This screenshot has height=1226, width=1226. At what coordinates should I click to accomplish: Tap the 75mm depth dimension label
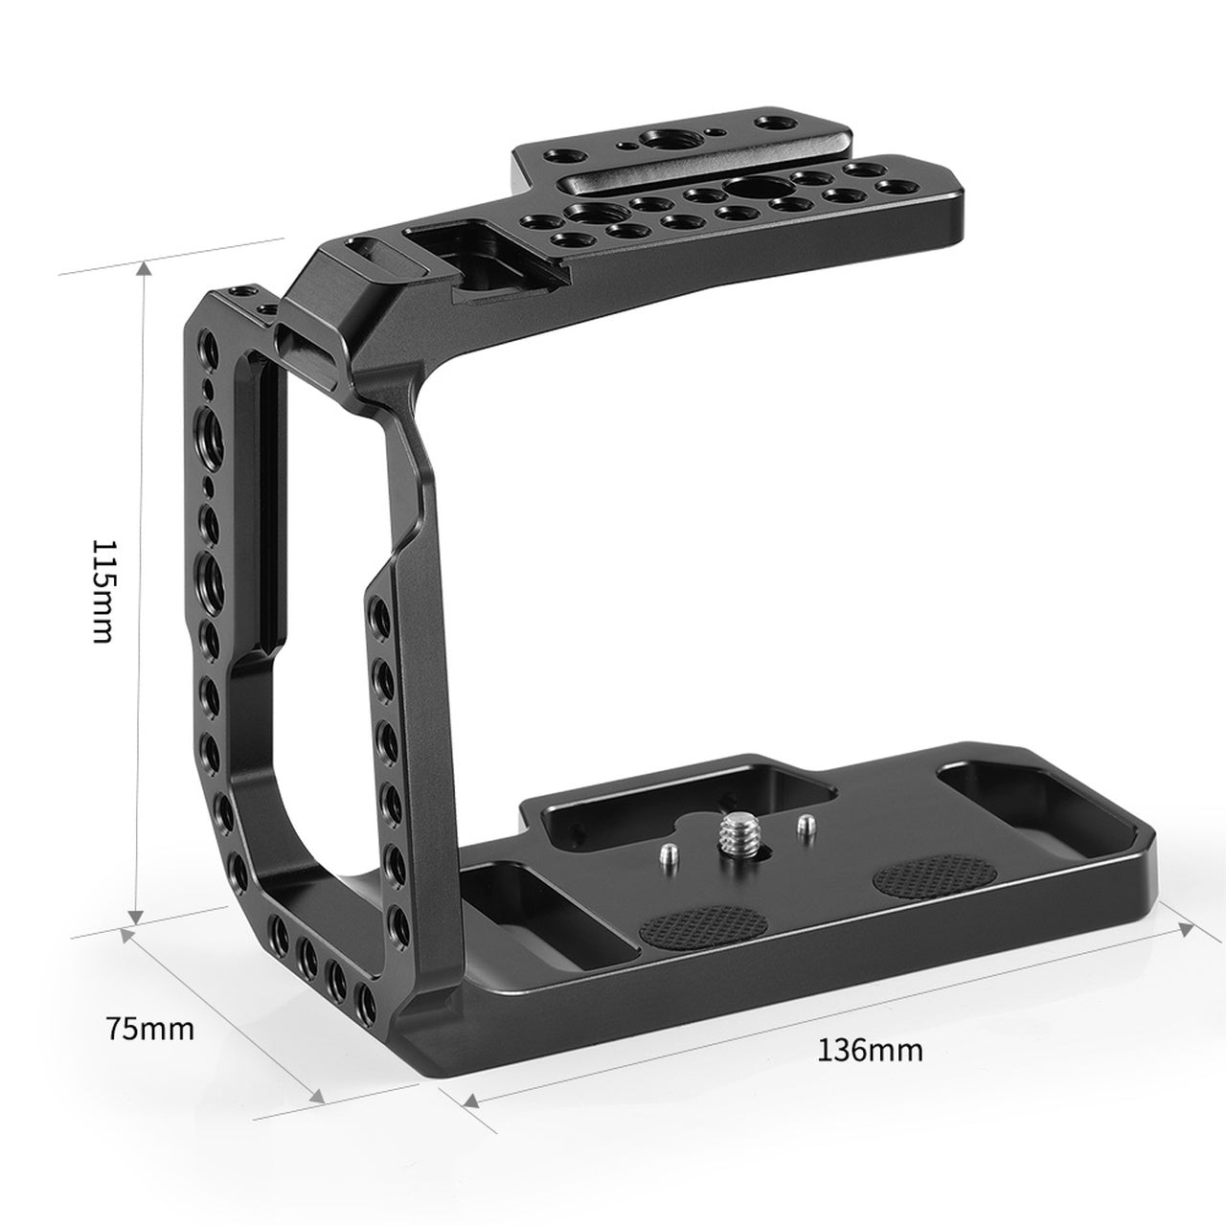pyautogui.click(x=150, y=1029)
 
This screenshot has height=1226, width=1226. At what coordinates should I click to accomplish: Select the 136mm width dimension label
pyautogui.click(x=870, y=1051)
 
